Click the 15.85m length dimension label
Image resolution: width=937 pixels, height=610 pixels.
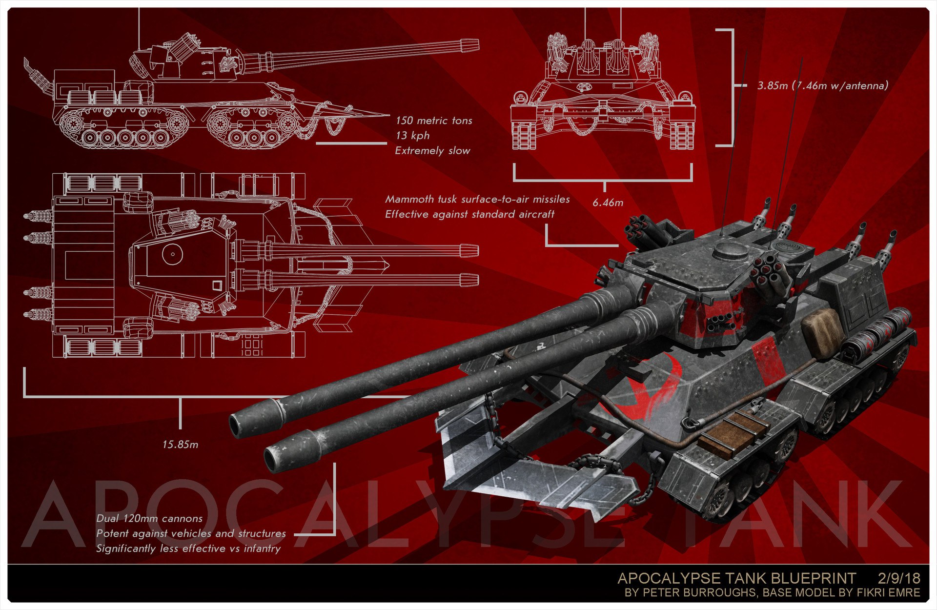[180, 445]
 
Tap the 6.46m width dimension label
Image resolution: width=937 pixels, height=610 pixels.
[608, 203]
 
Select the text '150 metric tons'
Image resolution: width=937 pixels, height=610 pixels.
[434, 121]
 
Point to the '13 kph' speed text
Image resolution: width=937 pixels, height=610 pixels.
[412, 136]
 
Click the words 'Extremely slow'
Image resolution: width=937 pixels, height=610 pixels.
[432, 151]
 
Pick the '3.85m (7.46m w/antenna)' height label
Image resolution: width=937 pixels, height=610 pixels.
[823, 86]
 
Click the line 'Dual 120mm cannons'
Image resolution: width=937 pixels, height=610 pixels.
[149, 518]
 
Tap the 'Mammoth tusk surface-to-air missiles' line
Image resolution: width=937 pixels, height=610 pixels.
[477, 199]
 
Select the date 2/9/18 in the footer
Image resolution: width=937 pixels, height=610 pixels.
[899, 578]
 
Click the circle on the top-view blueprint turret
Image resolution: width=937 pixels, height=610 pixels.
[172, 254]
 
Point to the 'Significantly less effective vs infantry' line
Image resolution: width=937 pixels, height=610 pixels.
[188, 549]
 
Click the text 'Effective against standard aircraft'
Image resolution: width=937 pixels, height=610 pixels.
[469, 214]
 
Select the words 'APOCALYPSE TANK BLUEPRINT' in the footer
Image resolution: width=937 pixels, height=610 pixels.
[736, 578]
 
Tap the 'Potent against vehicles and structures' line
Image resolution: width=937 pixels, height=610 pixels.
[191, 533]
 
